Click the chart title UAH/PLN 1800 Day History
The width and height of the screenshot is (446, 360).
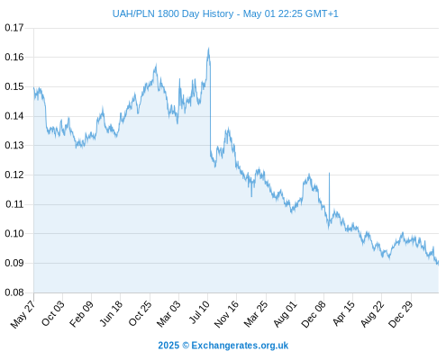[x=173, y=13]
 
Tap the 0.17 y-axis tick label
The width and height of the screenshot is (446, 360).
[x=14, y=28]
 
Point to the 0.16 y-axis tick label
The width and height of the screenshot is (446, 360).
[x=14, y=57]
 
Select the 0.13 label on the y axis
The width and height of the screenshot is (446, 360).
[x=14, y=146]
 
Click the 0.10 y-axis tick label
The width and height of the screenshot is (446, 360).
[x=14, y=233]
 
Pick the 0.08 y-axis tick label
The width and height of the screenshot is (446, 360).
[x=14, y=292]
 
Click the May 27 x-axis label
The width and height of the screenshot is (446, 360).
[x=23, y=314]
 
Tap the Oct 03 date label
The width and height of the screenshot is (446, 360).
[x=52, y=313]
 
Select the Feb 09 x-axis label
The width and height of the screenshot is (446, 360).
[x=81, y=314]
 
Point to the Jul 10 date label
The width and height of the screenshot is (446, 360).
[x=199, y=312]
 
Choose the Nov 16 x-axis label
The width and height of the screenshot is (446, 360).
[x=226, y=314]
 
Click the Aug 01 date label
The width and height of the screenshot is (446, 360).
[x=285, y=314]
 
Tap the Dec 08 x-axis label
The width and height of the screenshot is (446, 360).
[x=314, y=314]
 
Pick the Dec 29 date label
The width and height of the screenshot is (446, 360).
[x=401, y=314]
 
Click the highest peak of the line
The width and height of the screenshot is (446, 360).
[x=208, y=48]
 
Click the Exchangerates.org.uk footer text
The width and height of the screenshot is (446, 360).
[x=240, y=346]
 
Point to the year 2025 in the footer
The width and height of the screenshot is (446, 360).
[x=168, y=346]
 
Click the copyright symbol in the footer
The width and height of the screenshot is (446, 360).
[x=186, y=346]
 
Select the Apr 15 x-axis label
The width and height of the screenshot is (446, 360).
[x=343, y=313]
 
